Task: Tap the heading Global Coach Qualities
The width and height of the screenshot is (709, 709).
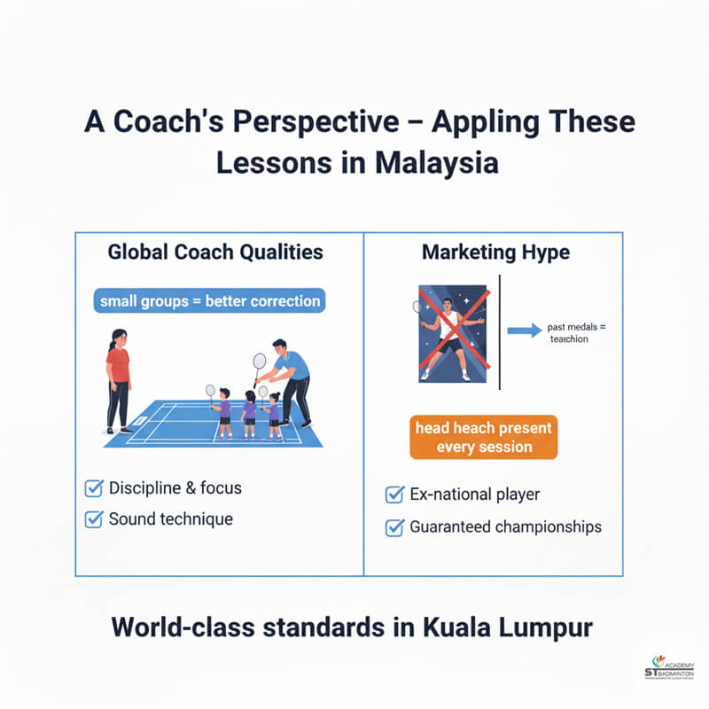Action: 215,253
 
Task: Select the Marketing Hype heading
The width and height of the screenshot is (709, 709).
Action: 495,253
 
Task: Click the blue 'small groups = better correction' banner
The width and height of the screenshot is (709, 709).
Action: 210,300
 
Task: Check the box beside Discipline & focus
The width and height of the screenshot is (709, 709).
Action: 93,488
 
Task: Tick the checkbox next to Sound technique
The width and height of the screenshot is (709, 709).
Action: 93,519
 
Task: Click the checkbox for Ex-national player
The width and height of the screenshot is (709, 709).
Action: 395,495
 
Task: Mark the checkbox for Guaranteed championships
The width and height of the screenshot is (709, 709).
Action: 395,527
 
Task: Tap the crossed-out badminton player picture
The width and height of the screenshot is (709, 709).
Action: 453,333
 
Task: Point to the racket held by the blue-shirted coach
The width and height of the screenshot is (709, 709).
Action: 259,363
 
